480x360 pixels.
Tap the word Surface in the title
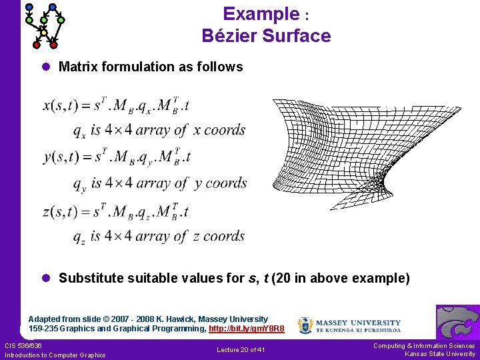(x=297, y=35)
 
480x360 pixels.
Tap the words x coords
(x=219, y=129)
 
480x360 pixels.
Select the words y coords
(x=220, y=183)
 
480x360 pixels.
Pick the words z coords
(x=219, y=236)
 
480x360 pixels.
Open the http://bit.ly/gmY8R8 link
(x=247, y=329)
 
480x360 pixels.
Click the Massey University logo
(x=349, y=325)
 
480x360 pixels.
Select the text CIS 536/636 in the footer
(x=23, y=345)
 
